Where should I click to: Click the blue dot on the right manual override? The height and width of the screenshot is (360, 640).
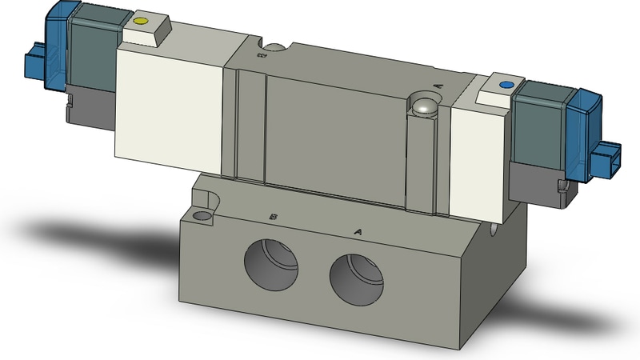(x=504, y=83)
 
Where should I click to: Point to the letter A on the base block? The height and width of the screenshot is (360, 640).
(x=358, y=231)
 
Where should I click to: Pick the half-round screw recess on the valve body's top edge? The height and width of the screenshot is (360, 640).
(x=274, y=50)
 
